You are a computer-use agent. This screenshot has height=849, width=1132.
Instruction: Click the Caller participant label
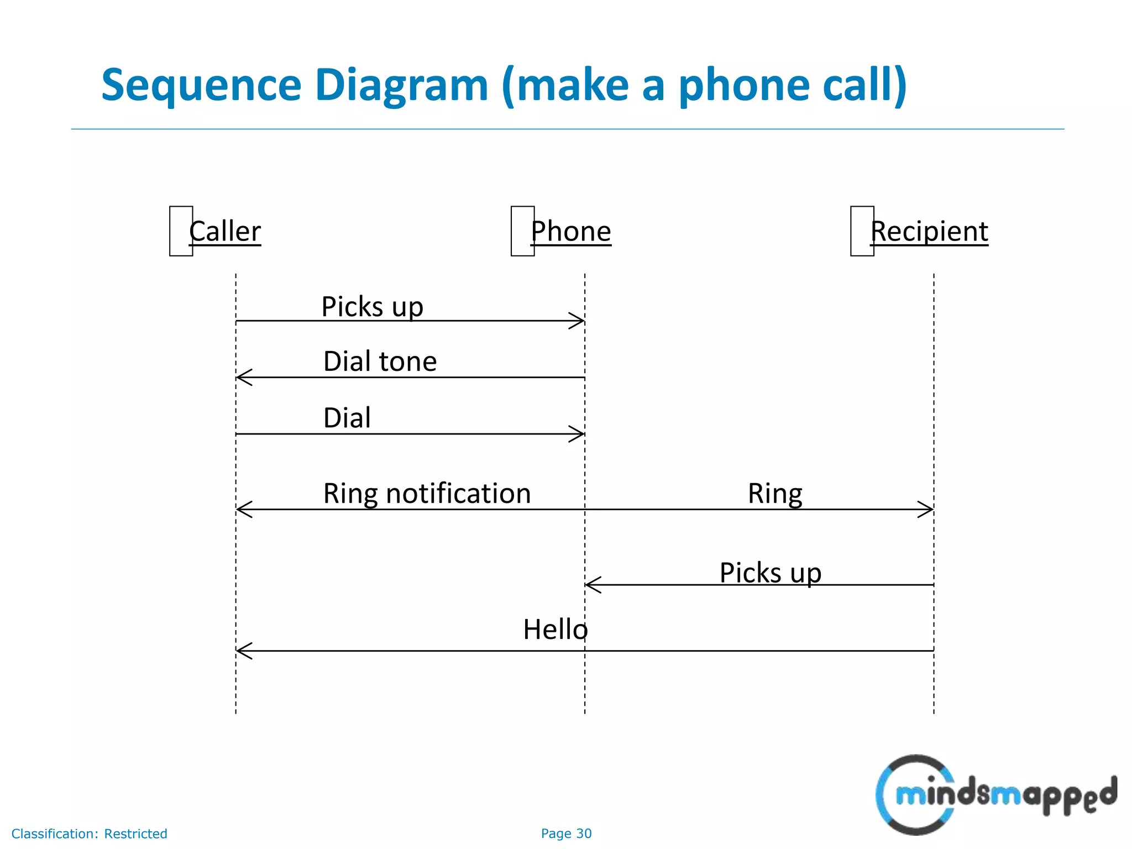coord(225,231)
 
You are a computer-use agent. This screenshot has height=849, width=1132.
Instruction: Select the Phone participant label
coord(571,231)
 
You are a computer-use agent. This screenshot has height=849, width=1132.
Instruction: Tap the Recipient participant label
coord(929,231)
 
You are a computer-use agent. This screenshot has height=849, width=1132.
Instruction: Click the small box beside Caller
coord(181,231)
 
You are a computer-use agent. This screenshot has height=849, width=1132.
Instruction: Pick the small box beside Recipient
coord(862,231)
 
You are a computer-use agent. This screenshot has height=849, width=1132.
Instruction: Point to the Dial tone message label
coord(380,361)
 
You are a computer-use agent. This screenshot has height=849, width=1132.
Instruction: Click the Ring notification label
coord(427,493)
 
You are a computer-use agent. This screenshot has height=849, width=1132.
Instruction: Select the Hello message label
coord(555,630)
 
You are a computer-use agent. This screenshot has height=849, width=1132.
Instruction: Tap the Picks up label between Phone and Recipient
coord(770,573)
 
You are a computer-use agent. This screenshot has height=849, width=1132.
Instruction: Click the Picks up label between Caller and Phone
coord(372,307)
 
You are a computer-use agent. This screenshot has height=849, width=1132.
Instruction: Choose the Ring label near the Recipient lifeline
coord(775,494)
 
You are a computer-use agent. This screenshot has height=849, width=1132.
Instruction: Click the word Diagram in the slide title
coord(401,85)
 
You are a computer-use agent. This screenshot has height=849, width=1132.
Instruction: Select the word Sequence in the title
coord(201,85)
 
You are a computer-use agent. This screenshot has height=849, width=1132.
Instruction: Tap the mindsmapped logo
coord(995,794)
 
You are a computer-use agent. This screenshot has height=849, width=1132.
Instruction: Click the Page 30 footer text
coord(566,834)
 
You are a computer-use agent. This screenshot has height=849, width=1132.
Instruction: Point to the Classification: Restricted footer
coord(89,834)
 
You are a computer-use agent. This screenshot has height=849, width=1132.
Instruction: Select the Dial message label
coord(347,418)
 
